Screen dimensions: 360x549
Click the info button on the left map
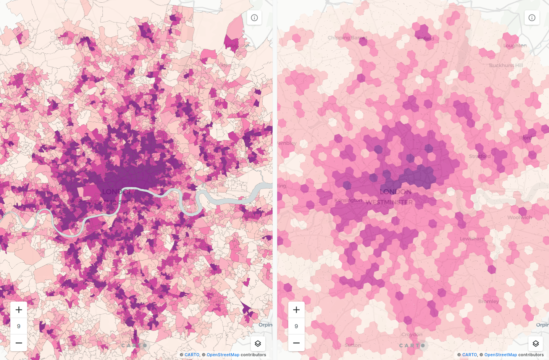[x=254, y=18]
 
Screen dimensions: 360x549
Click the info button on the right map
[x=532, y=18]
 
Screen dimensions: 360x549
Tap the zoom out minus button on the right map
[x=296, y=343]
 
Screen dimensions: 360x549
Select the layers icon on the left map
[x=258, y=344]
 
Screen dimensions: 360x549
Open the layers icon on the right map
[x=535, y=344]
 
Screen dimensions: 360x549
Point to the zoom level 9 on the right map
[x=296, y=326]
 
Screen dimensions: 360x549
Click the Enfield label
[x=425, y=39]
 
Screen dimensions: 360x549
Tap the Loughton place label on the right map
[x=515, y=45]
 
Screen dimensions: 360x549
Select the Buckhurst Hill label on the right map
[x=506, y=65]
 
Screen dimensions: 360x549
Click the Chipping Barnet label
[x=347, y=38]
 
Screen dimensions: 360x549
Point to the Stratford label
[x=480, y=156]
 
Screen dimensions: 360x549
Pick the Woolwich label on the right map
[x=519, y=217]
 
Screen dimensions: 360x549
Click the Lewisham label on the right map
[x=472, y=239]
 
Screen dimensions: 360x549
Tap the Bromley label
[x=488, y=301]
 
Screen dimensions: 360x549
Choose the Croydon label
[x=412, y=334]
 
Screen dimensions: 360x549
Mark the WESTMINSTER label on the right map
[x=389, y=202]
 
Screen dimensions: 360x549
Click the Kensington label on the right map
[x=348, y=200]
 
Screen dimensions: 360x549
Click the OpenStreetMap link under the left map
[x=223, y=355]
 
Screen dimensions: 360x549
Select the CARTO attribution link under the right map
[x=470, y=355]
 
